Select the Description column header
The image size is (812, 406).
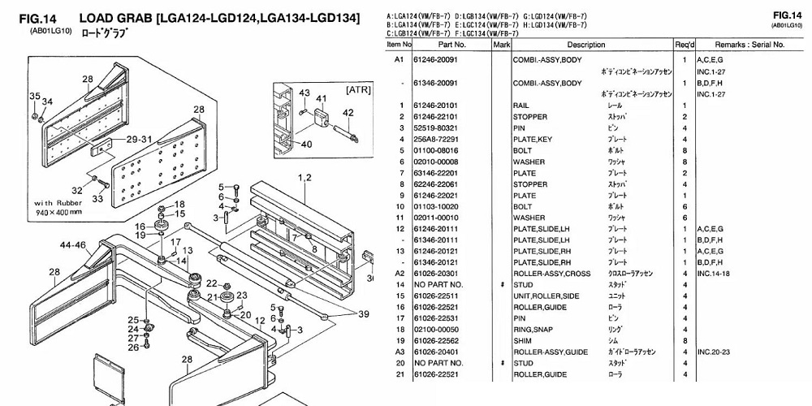pos(591,45)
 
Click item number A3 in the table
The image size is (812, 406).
pos(399,352)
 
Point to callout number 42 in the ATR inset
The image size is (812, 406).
pos(348,114)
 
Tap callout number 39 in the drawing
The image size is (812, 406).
pos(364,314)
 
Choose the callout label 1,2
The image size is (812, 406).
pos(305,177)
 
